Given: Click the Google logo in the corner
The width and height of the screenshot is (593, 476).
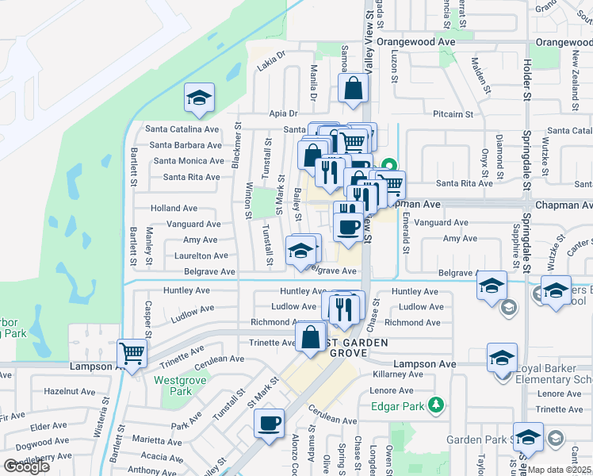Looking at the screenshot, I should pos(26,466).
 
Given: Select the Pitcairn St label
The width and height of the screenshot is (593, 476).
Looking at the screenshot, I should pos(453,114).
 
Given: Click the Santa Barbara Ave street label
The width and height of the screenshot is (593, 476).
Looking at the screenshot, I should pos(186,145).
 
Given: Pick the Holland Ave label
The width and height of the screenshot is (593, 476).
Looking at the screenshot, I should pos(174,209).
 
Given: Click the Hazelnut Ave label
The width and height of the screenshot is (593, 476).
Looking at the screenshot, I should pos(70,392).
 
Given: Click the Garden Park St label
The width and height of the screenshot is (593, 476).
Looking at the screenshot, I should pos(476,440).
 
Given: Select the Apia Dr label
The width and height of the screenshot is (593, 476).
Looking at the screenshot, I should pos(282,113).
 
